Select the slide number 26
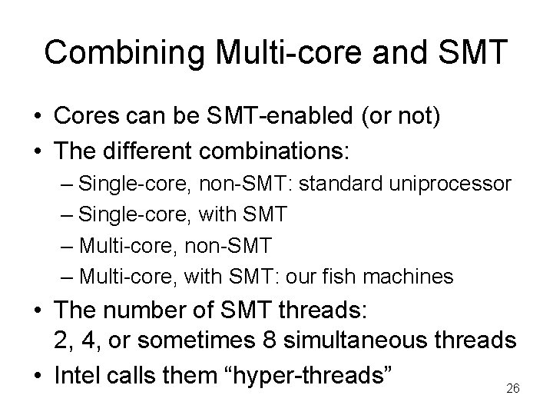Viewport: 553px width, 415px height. tap(513, 390)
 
